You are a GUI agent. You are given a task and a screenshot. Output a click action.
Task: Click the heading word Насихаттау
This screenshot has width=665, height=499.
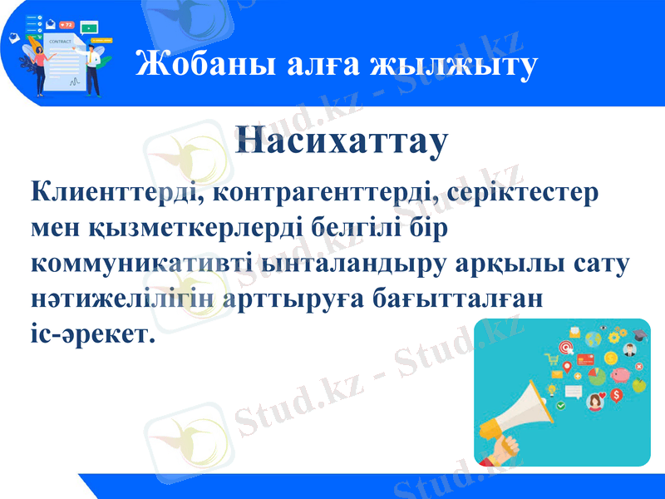[x=342, y=141]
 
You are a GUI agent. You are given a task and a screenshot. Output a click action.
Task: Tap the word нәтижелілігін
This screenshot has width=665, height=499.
[x=123, y=297]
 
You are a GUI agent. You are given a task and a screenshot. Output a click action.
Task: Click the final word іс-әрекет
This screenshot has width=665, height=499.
[x=92, y=332]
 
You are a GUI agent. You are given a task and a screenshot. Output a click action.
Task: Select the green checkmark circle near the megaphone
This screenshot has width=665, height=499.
[x=562, y=405]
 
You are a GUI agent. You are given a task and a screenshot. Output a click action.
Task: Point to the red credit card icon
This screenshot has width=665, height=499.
[x=584, y=359]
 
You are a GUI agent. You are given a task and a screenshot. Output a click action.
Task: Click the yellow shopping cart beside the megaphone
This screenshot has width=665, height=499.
[x=551, y=359]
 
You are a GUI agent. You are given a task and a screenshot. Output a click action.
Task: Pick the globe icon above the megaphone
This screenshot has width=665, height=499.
[x=593, y=339]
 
